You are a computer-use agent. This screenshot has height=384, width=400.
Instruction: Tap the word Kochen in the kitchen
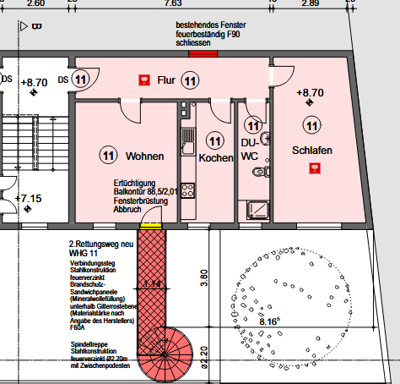(x=215, y=158)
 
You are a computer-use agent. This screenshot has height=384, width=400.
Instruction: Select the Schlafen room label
(x=313, y=150)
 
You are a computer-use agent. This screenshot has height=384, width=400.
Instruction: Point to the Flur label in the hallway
(x=166, y=80)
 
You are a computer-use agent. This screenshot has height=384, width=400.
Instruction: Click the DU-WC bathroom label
(x=250, y=150)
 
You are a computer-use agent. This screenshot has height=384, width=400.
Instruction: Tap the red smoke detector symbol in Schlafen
(x=314, y=167)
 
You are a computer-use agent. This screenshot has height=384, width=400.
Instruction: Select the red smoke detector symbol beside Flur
(x=143, y=80)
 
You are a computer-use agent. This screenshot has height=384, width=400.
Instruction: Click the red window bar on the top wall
(x=203, y=53)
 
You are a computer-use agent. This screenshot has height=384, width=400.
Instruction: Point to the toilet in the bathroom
(x=260, y=172)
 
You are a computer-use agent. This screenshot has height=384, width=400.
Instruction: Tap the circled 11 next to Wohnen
(x=108, y=156)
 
